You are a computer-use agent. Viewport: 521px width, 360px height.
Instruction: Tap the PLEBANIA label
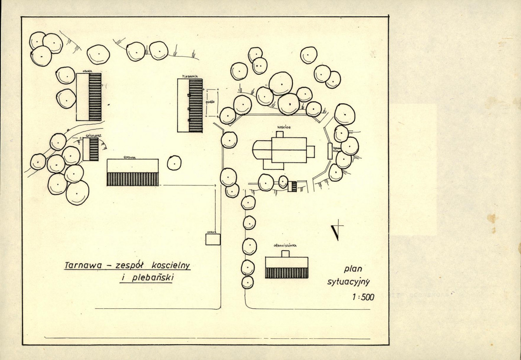pyautogui.click(x=190, y=76)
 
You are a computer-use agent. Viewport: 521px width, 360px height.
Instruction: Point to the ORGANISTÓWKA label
pyautogui.click(x=285, y=246)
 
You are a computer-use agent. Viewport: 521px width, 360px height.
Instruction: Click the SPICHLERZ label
pyautogui.click(x=93, y=136)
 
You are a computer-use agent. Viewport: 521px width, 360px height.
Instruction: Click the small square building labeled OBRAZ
pyautogui.click(x=213, y=240)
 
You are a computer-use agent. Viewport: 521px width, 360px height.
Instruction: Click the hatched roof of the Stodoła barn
pyautogui.click(x=133, y=179)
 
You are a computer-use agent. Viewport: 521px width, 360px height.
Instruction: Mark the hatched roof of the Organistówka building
pyautogui.click(x=287, y=273)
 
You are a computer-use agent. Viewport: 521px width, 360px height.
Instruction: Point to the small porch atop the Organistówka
pyautogui.click(x=286, y=254)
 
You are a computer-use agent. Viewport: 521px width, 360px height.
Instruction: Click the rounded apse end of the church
pyautogui.click(x=256, y=150)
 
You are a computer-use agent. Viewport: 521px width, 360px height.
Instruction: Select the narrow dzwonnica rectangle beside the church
pyautogui.click(x=330, y=151)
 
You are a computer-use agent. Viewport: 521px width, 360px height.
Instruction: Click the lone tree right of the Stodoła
pyautogui.click(x=174, y=163)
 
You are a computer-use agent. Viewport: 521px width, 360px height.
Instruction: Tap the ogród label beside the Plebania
pyautogui.click(x=209, y=103)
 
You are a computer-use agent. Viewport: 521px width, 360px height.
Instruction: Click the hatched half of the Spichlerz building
pyautogui.click(x=94, y=149)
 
